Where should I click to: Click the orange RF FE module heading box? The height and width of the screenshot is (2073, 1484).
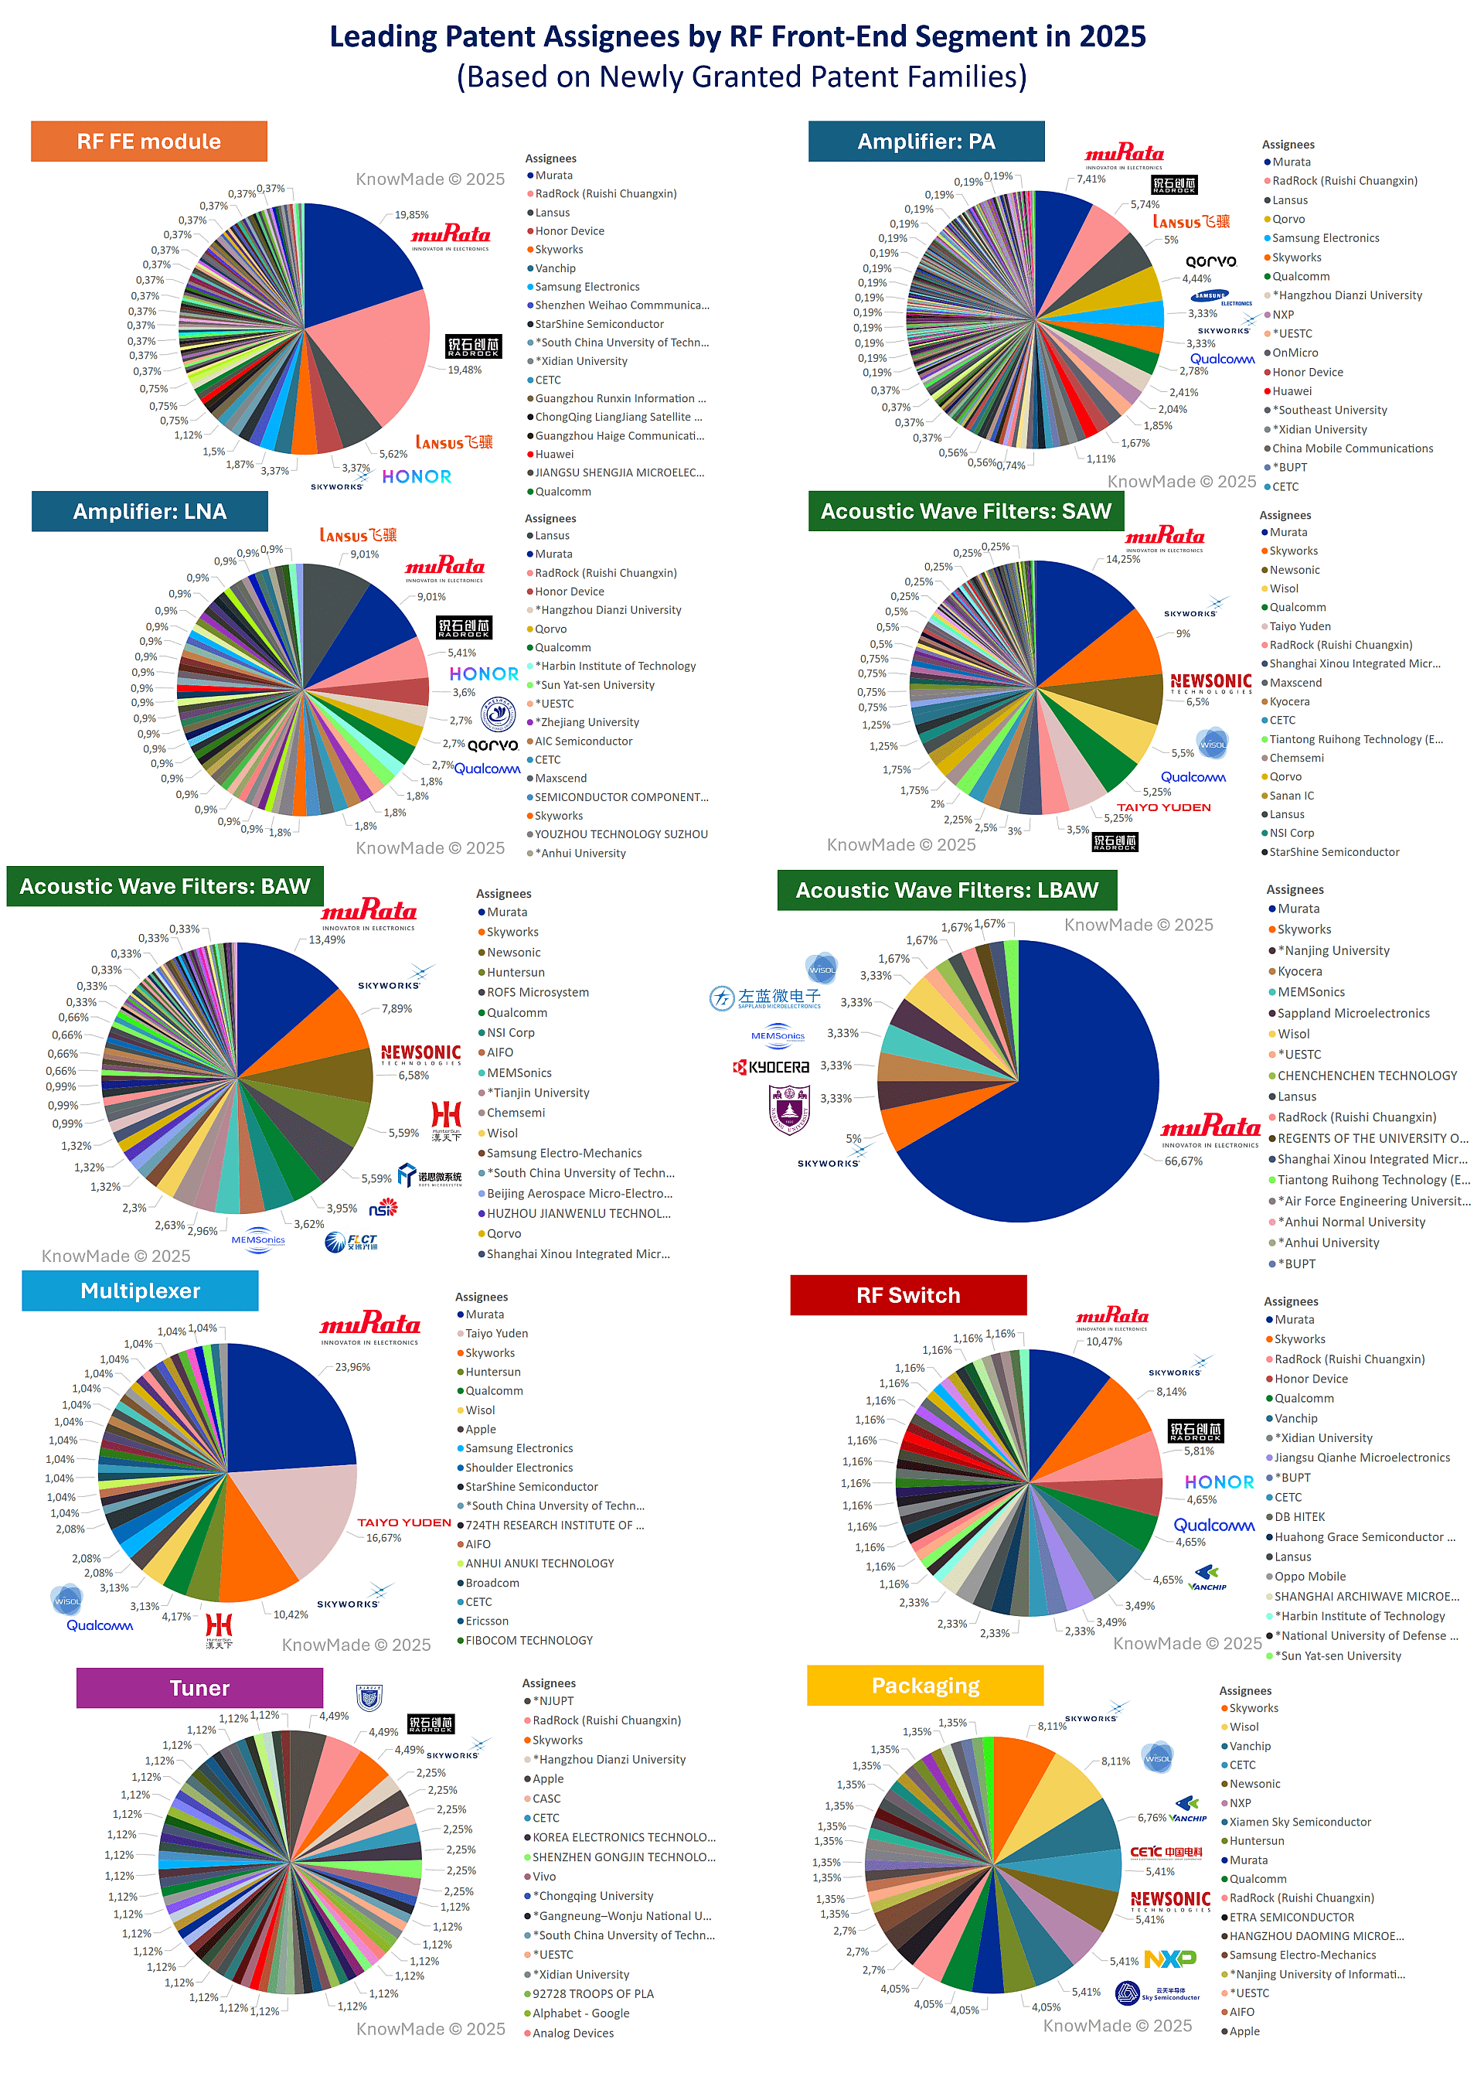[149, 141]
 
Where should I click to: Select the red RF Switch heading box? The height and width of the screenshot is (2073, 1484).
[907, 1295]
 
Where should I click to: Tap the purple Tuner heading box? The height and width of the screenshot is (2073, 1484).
[199, 1688]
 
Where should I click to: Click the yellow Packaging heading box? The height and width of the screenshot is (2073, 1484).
[924, 1686]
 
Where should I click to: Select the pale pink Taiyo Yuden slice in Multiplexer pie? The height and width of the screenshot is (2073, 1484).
[301, 1517]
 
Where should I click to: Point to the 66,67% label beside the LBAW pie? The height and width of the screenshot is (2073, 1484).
[1183, 1161]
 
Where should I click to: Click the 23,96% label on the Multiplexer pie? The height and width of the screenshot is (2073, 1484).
[352, 1367]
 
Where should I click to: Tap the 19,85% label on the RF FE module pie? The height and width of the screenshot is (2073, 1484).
[411, 215]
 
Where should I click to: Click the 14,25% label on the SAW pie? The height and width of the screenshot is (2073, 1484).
[1123, 559]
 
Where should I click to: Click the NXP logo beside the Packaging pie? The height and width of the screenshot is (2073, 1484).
[1170, 1959]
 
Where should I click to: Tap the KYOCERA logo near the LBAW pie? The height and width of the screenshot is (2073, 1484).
[772, 1067]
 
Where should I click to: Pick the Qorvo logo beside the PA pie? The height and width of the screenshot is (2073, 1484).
[1211, 261]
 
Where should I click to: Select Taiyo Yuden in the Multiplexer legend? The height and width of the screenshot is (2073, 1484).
[496, 1334]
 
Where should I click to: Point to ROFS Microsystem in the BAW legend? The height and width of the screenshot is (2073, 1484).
[537, 993]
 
